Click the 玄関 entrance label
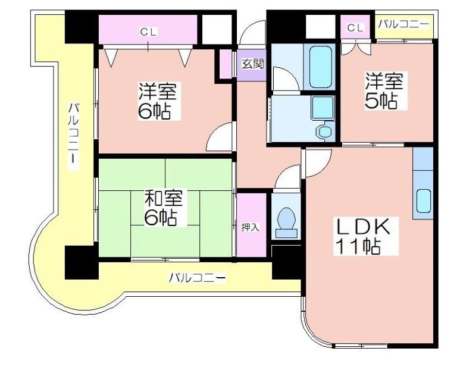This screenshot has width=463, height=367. coord(252,64)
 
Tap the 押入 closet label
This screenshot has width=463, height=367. coord(251,227)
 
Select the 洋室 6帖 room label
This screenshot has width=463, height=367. coord(158,101)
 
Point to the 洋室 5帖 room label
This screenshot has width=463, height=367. coord(384,90)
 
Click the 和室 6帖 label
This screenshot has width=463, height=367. coord(163,207)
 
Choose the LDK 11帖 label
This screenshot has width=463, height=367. coord(365,236)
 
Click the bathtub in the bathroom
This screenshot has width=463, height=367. coord(321,67)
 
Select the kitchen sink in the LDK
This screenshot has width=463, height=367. coord(424,200)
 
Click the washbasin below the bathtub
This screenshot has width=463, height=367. coord(323,108)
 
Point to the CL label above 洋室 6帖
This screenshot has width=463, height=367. coord(149,32)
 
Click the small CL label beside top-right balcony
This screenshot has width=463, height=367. coord(355,29)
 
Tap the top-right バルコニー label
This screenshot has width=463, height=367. coord(403,24)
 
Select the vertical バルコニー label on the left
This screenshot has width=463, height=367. coord(74,136)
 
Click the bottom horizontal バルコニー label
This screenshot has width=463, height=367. coord(197,278)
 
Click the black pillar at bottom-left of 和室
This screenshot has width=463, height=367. coord(82,262)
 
